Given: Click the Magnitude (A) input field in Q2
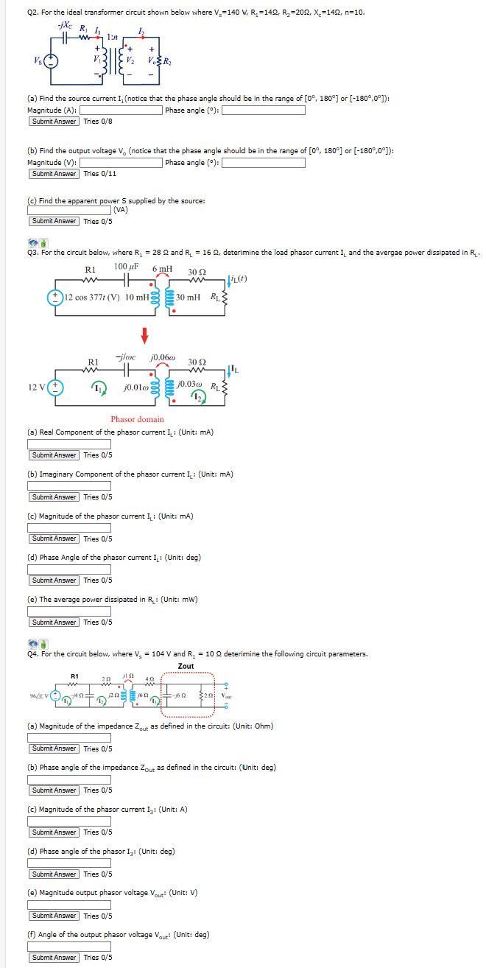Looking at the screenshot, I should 121,111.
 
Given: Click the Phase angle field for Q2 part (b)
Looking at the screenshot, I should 264,163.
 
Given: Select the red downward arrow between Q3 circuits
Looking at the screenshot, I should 145,335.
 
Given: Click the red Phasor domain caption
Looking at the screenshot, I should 137,419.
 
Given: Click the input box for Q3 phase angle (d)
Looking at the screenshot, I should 69,569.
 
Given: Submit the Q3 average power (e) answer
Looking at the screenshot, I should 54,622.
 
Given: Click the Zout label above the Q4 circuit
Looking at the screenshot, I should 186,666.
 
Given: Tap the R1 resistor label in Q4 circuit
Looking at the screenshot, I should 74,676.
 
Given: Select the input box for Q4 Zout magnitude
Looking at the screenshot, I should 69,737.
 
